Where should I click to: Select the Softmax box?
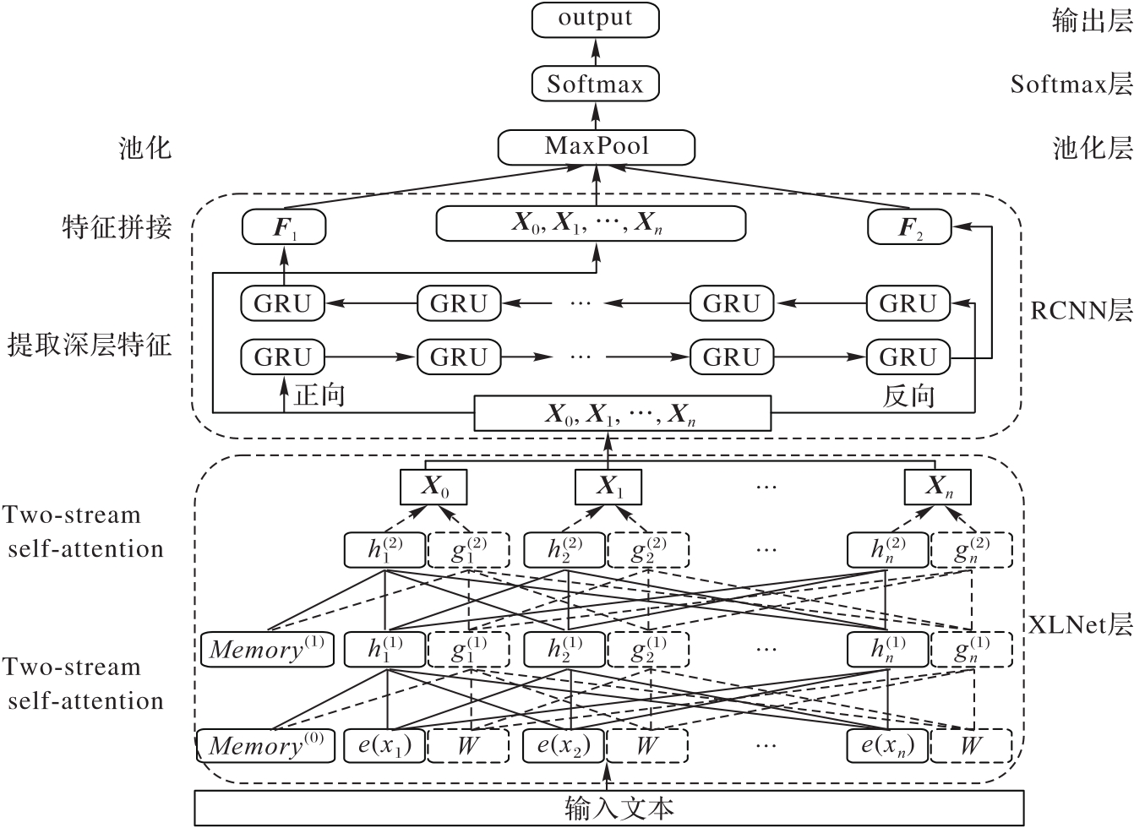click(595, 84)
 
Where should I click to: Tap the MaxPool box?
click(596, 147)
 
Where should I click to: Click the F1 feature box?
click(283, 227)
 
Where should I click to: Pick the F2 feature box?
click(909, 227)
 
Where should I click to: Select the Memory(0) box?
click(266, 746)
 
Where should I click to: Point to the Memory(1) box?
click(267, 649)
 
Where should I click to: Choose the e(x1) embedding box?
click(384, 746)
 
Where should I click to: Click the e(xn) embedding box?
click(887, 746)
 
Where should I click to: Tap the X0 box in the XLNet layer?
click(433, 487)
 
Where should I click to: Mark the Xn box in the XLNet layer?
click(937, 487)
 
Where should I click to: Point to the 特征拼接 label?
click(117, 227)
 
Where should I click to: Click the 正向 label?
click(319, 395)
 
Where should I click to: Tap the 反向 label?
click(909, 395)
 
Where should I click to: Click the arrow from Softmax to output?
click(595, 52)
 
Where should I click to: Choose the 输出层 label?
click(1092, 21)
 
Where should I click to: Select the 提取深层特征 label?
click(90, 345)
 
